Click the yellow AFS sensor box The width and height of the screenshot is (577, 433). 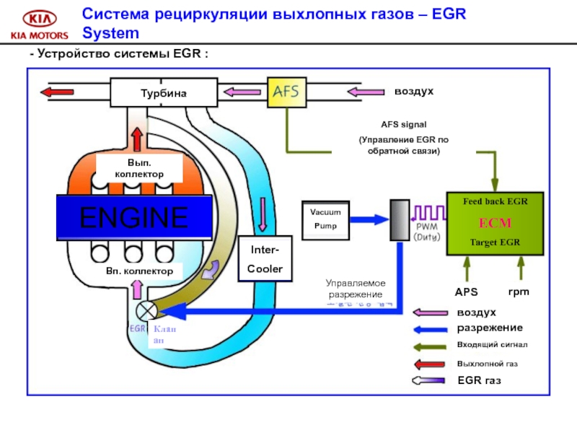click(287, 92)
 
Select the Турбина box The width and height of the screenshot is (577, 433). click(163, 92)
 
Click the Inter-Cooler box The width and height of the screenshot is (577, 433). click(265, 258)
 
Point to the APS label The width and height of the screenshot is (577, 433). click(466, 293)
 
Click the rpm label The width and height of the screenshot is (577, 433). click(519, 292)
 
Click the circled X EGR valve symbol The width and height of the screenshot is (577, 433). click(146, 311)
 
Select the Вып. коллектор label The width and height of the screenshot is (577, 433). click(140, 169)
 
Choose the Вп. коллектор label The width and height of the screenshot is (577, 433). click(138, 271)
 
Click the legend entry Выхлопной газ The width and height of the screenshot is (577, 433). click(487, 364)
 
